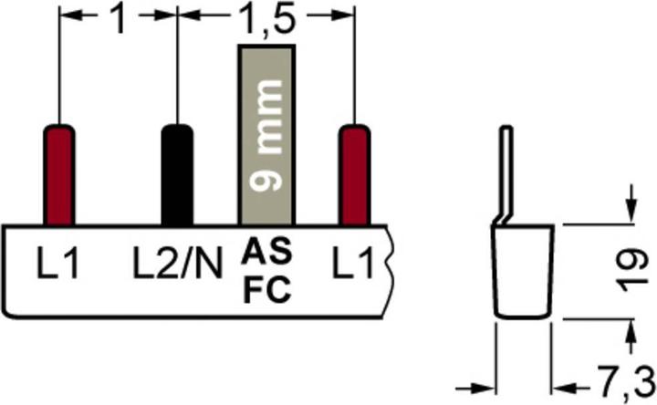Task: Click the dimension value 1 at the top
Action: pos(120,20)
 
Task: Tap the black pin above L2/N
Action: pos(177,174)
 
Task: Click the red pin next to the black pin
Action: pos(59,174)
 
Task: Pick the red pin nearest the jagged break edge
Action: pos(354,174)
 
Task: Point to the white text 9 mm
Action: pos(266,135)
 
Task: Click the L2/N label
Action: pos(177,264)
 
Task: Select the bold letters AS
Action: pos(266,251)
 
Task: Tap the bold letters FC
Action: pos(266,290)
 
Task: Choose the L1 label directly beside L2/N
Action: pos(57,264)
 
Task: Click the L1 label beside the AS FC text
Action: pos(352,264)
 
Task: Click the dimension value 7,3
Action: pos(626,382)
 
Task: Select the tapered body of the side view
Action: pos(523,272)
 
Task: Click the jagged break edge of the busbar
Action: pos(390,272)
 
